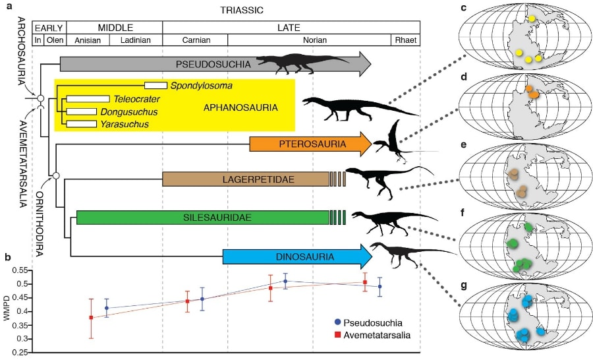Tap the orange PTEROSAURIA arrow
point(302,143)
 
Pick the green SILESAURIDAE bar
point(203,217)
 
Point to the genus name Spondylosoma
point(200,86)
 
